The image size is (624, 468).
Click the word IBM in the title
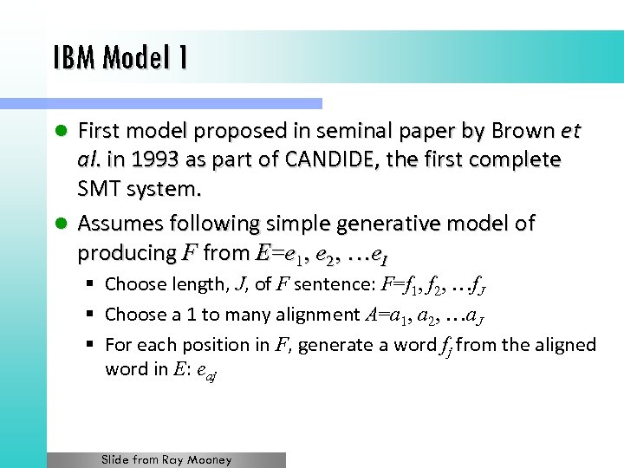(72, 59)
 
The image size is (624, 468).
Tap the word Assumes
(120, 224)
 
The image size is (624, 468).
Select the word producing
(127, 253)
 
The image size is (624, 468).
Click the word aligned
(566, 344)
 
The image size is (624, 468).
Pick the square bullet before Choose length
(90, 284)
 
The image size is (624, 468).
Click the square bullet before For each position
(90, 345)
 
